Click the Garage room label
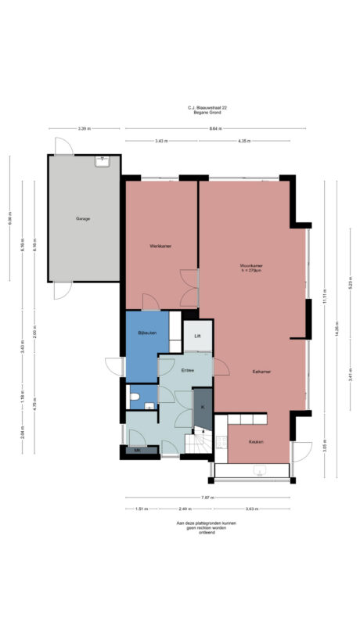pos(83,218)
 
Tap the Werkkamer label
pos(160,246)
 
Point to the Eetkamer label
pos(251,371)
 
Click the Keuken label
pos(255,442)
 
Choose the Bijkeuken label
pos(147,333)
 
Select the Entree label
pos(188,369)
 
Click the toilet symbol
pos(135,400)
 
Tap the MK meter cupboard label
pos(137,451)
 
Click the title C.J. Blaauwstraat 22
pos(207,108)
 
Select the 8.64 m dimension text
pos(207,128)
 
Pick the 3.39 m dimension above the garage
pos(84,128)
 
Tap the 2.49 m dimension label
pos(182,509)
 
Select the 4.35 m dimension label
pos(243,141)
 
